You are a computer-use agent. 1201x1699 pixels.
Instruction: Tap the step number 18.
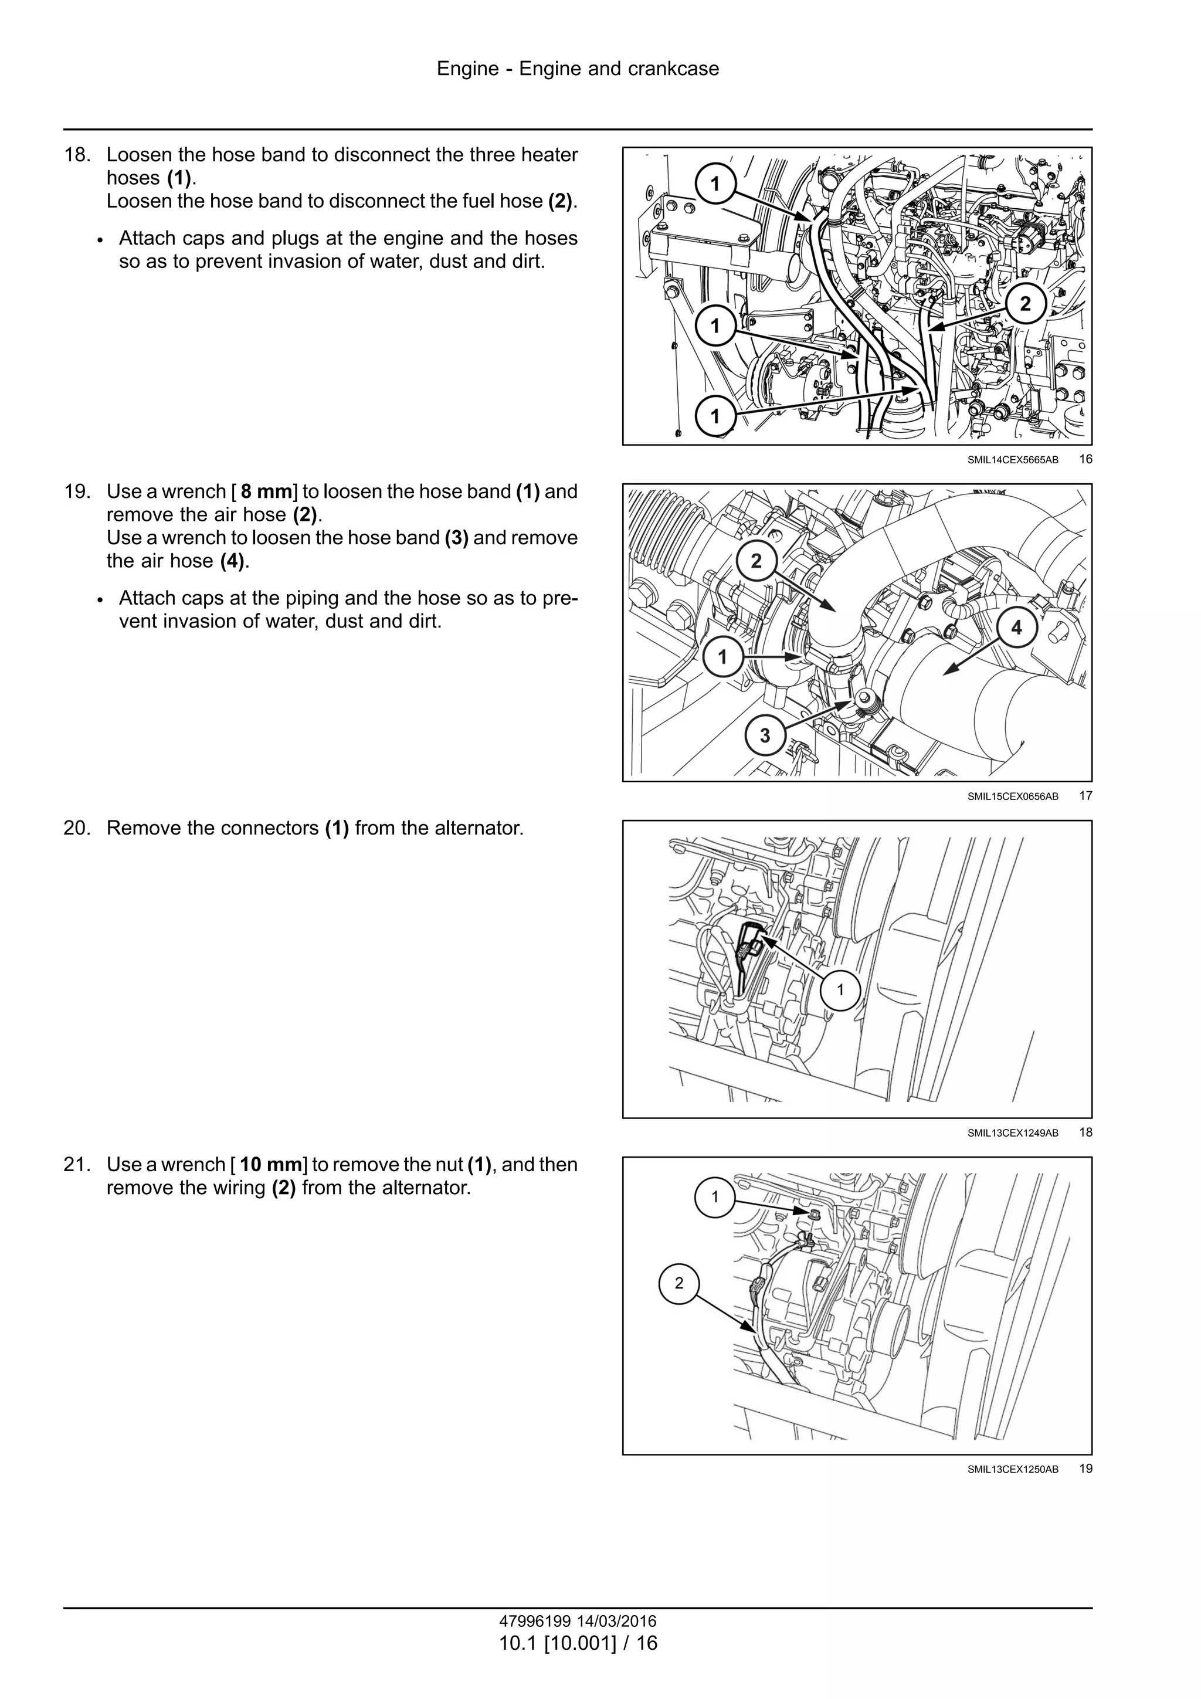(76, 155)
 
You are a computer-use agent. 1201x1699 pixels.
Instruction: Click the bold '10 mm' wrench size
(271, 1165)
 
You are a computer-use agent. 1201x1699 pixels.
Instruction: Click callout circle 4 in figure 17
(1016, 628)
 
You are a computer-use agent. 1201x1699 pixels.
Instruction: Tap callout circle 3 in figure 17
(765, 735)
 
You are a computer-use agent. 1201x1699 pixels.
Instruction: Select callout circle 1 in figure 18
(840, 990)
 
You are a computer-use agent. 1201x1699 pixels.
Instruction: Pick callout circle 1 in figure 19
(715, 1196)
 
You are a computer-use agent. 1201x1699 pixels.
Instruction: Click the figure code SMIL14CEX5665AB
(1012, 460)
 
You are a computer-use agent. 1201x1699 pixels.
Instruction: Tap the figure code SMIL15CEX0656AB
(1012, 797)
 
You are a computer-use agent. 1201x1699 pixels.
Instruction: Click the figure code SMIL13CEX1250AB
(1012, 1470)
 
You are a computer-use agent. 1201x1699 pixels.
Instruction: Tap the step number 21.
(76, 1165)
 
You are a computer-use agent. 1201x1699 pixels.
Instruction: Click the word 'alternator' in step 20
(478, 828)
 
